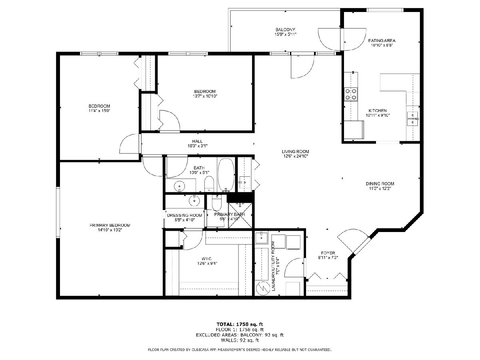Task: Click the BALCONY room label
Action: pyautogui.click(x=285, y=30)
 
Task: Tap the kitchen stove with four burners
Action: pyautogui.click(x=351, y=94)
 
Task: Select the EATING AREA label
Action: pyautogui.click(x=382, y=41)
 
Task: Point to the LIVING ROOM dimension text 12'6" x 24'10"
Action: pyautogui.click(x=295, y=156)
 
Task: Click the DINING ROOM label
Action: pyautogui.click(x=380, y=184)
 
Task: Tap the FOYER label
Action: pyautogui.click(x=328, y=253)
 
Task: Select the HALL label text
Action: pyautogui.click(x=197, y=142)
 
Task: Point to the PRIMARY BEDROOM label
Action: pyautogui.click(x=110, y=225)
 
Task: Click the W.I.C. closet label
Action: pyautogui.click(x=207, y=259)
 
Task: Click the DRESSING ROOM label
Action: pyautogui.click(x=184, y=215)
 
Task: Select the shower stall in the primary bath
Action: pyautogui.click(x=240, y=216)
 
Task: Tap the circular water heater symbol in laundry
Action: pyautogui.click(x=263, y=288)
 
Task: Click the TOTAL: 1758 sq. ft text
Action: pyautogui.click(x=240, y=324)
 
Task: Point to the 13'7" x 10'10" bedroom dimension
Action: pyautogui.click(x=205, y=96)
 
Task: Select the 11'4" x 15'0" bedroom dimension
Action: pyautogui.click(x=99, y=111)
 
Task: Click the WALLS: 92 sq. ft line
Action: pyautogui.click(x=240, y=340)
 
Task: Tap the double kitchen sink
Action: pyautogui.click(x=412, y=119)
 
